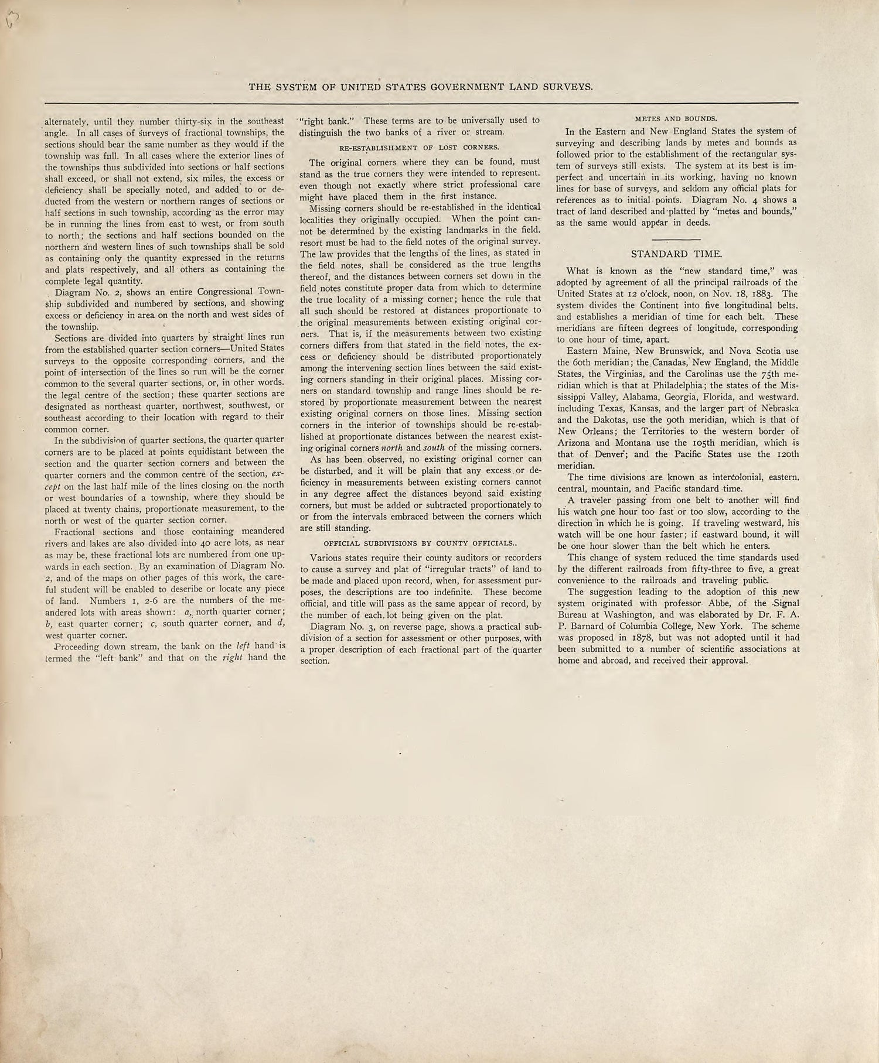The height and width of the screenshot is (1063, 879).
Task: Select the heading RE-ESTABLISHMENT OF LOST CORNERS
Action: tap(420, 147)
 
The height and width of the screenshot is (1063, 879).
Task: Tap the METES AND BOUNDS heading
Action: tap(676, 118)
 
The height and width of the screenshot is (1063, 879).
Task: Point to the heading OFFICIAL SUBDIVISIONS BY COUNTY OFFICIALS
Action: tap(420, 543)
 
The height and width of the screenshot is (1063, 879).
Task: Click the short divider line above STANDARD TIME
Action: tap(676, 240)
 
